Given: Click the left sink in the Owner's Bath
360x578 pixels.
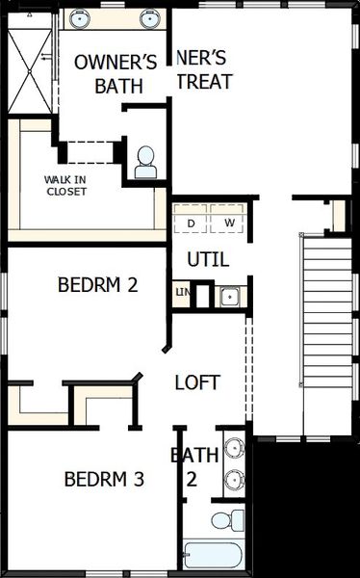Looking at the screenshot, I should pyautogui.click(x=79, y=17).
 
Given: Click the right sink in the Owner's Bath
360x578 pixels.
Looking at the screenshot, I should pyautogui.click(x=149, y=17).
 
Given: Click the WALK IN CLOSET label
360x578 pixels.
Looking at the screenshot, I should pyautogui.click(x=65, y=185).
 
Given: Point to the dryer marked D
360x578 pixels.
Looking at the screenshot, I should pyautogui.click(x=191, y=223).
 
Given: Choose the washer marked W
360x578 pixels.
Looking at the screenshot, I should pyautogui.click(x=229, y=223).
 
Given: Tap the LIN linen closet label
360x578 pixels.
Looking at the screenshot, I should pyautogui.click(x=182, y=292).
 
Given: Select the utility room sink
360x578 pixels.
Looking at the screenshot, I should pyautogui.click(x=231, y=296).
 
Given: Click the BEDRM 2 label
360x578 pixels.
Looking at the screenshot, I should pyautogui.click(x=98, y=285).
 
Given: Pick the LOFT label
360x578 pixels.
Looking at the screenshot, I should pyautogui.click(x=197, y=382).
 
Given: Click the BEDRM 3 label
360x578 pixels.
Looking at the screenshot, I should pyautogui.click(x=104, y=479).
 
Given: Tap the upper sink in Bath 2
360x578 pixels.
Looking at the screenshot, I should pyautogui.click(x=233, y=449).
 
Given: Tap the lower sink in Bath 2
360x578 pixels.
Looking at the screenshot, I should pyautogui.click(x=233, y=479).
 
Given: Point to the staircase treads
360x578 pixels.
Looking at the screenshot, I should pyautogui.click(x=327, y=318).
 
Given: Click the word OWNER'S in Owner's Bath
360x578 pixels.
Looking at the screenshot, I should pyautogui.click(x=116, y=63).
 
